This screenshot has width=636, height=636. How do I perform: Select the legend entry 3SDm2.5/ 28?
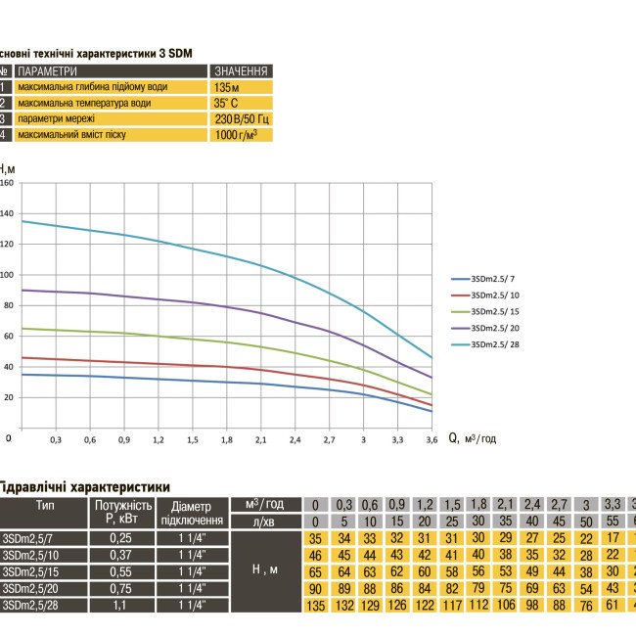click(x=495, y=344)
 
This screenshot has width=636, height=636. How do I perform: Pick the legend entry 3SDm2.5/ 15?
click(x=495, y=311)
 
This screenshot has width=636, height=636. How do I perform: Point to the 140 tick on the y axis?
click(x=7, y=213)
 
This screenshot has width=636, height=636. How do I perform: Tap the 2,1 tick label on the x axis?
click(x=260, y=440)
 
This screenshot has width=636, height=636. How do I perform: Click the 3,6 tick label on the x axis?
click(x=431, y=440)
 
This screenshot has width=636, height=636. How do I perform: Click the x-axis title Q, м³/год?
click(x=472, y=439)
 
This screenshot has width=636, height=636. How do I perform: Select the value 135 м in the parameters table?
click(x=227, y=87)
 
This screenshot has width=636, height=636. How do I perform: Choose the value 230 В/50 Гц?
click(x=241, y=118)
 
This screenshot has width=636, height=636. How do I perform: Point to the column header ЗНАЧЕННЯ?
click(x=241, y=71)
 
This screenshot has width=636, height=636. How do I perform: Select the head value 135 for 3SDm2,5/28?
click(x=315, y=607)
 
